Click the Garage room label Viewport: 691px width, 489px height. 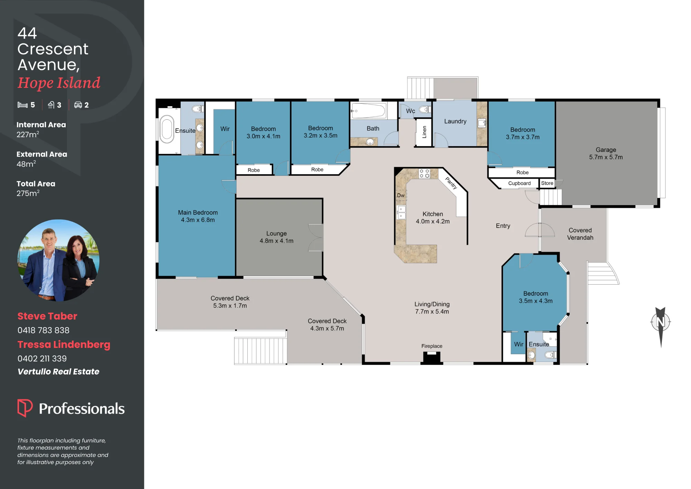pyautogui.click(x=606, y=150)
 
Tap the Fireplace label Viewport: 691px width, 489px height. pyautogui.click(x=432, y=346)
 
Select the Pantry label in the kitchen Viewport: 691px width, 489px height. pyautogui.click(x=451, y=183)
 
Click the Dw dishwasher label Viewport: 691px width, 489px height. pyautogui.click(x=401, y=195)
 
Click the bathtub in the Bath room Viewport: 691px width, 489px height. pyautogui.click(x=368, y=111)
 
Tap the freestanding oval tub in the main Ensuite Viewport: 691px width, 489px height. pyautogui.click(x=167, y=129)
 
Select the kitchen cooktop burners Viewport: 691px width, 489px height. pyautogui.click(x=424, y=174)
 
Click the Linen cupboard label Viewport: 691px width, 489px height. pyautogui.click(x=424, y=132)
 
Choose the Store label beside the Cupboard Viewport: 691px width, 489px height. pyautogui.click(x=547, y=183)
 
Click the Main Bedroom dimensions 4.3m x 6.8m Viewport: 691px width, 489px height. pyautogui.click(x=198, y=220)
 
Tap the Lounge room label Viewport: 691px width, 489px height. pyautogui.click(x=276, y=233)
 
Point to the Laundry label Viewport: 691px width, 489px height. pyautogui.click(x=455, y=121)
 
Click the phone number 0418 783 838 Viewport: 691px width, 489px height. pyautogui.click(x=44, y=330)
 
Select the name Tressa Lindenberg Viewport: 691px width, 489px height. pyautogui.click(x=64, y=344)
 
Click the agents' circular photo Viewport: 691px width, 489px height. pyautogui.click(x=58, y=260)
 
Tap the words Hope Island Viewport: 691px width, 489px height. pyautogui.click(x=59, y=83)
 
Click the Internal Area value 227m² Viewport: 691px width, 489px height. pyautogui.click(x=28, y=134)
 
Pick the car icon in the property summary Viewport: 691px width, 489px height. pyautogui.click(x=78, y=105)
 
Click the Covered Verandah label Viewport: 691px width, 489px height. pyautogui.click(x=580, y=234)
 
